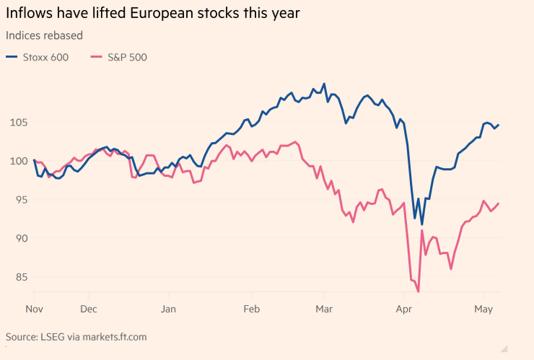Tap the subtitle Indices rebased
[x=43, y=35]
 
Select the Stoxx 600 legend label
[x=45, y=58]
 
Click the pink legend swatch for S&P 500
[x=96, y=58]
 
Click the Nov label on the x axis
[x=35, y=309]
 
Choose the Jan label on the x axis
[x=168, y=309]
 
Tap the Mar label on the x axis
[x=324, y=309]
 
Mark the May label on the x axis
[x=483, y=309]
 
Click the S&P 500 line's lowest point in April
[x=419, y=291]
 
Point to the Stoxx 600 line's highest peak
[x=324, y=84]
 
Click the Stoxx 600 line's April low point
[x=422, y=224]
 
